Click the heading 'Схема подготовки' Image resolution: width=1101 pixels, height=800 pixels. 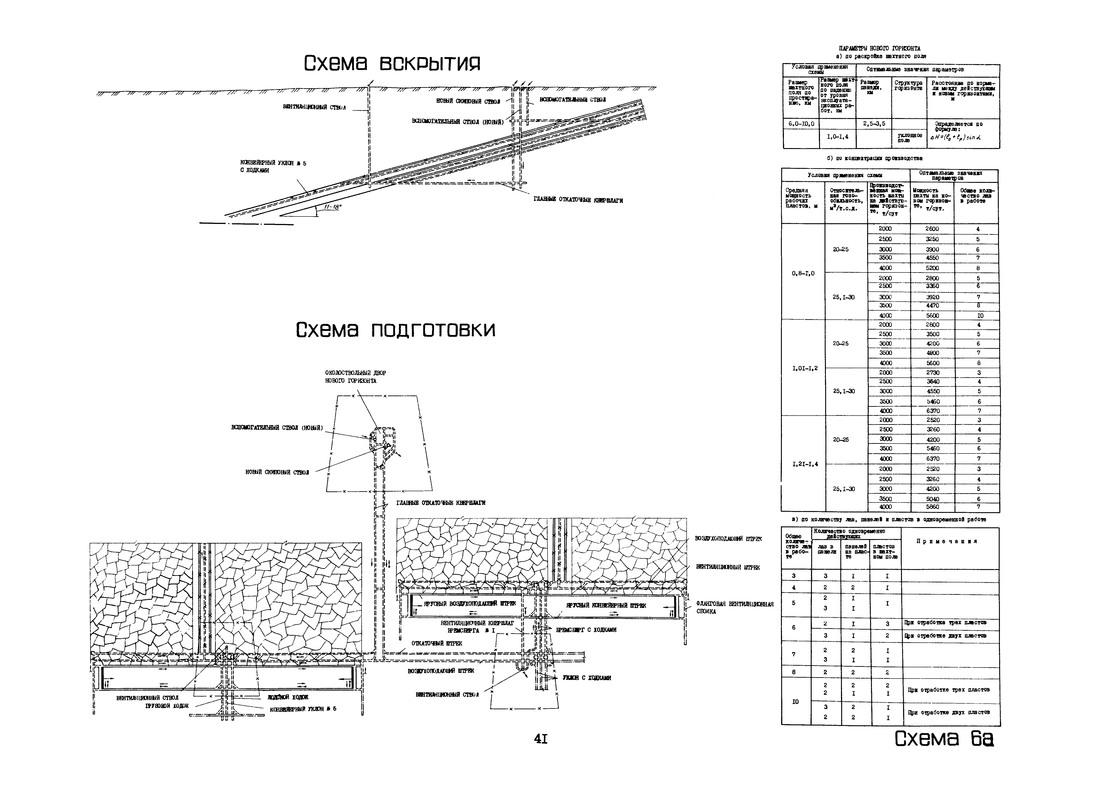(396, 330)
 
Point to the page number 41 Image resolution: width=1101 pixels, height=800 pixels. (541, 739)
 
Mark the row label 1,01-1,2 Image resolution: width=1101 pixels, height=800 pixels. (804, 368)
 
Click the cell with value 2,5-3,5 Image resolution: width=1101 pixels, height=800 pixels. (874, 124)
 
